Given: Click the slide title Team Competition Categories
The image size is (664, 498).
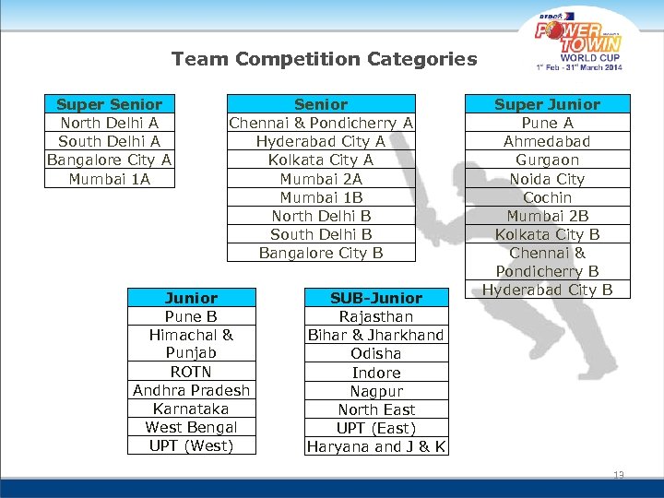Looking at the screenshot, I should click(x=324, y=60).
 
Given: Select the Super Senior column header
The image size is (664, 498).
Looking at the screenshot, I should click(x=109, y=104).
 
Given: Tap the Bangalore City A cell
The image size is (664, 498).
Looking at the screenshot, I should click(x=109, y=160).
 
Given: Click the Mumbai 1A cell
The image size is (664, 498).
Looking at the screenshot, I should click(x=109, y=178).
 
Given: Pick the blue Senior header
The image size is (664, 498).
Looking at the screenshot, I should click(x=321, y=104).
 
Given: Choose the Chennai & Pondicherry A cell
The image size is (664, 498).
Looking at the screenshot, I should click(x=321, y=123).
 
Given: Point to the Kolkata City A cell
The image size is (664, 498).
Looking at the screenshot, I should click(x=321, y=160).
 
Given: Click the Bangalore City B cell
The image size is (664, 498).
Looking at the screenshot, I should click(x=321, y=252).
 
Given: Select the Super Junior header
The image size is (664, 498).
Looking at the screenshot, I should click(x=547, y=104).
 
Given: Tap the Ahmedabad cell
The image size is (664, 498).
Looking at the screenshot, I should click(x=547, y=141).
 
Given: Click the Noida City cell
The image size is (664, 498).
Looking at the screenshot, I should click(x=547, y=178).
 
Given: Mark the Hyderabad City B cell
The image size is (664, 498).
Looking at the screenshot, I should click(x=547, y=290).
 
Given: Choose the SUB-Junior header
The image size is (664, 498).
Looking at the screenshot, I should click(x=375, y=298).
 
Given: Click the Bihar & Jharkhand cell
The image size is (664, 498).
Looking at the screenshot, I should click(x=375, y=335).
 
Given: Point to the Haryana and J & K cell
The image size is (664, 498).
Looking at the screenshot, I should click(x=375, y=446).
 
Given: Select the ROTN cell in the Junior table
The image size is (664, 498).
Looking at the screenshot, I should click(x=191, y=372).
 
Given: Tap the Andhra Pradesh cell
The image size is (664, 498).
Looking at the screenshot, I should click(x=191, y=390).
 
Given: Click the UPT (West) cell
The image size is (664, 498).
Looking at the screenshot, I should click(x=191, y=445).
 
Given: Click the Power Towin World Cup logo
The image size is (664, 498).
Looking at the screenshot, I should click(x=579, y=41).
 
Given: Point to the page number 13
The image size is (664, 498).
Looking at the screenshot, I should click(x=618, y=475).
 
